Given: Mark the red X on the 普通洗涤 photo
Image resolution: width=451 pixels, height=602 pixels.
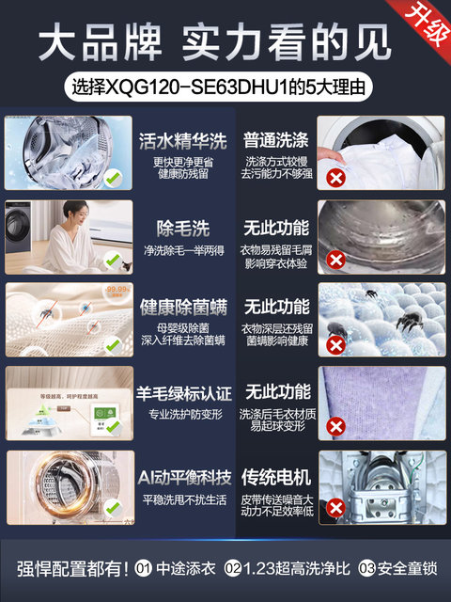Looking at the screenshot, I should click(x=335, y=176).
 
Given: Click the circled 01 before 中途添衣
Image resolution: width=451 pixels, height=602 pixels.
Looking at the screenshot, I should click(x=144, y=569).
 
